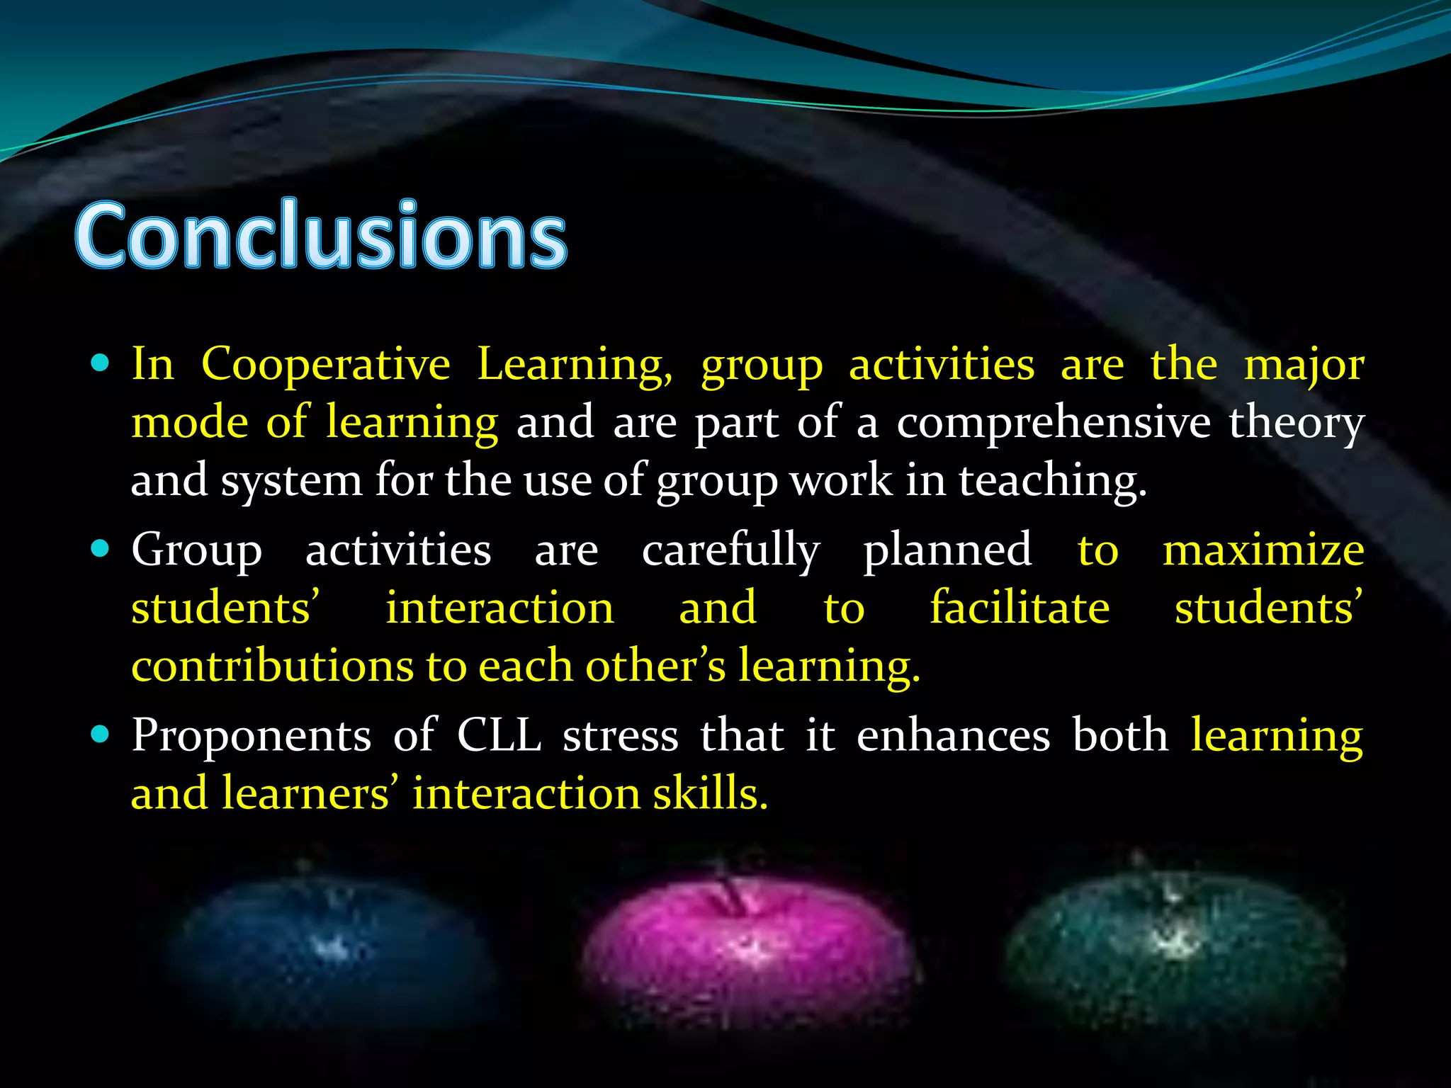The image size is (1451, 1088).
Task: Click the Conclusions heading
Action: coord(320,235)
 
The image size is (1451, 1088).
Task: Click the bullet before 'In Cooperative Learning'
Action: coord(101,364)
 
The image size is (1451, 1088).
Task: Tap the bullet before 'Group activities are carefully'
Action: coord(101,549)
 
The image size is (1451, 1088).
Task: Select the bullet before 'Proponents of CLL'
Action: coord(101,735)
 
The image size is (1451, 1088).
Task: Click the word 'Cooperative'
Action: coord(326,365)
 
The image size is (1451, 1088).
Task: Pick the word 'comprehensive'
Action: coord(1054,423)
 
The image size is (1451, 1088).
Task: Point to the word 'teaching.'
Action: coord(1052,482)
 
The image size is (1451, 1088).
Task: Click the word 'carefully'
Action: coord(730,551)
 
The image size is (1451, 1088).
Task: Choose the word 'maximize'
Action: coord(1263,550)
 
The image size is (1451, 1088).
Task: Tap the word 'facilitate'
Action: coord(1020,608)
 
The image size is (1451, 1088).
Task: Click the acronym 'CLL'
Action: coord(499,735)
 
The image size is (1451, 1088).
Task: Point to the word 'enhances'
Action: coord(953,735)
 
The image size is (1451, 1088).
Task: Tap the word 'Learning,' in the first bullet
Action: coord(575,366)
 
